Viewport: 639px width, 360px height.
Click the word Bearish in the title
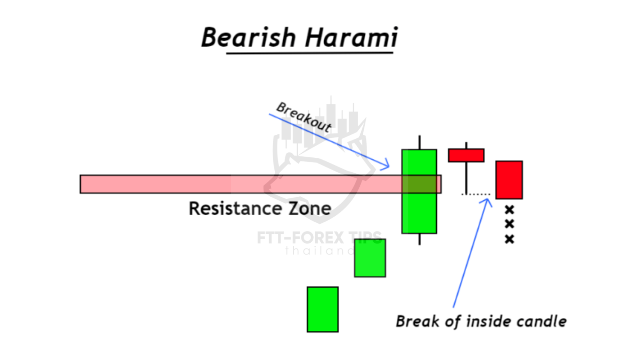(248, 37)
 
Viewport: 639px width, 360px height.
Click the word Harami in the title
(351, 37)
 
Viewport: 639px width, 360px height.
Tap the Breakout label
(304, 117)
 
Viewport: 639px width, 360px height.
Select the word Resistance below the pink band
(236, 208)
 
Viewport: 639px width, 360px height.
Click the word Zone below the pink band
(310, 208)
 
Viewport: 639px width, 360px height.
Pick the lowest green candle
(323, 309)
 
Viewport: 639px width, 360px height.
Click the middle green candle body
(370, 258)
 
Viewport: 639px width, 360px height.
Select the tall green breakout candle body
(419, 191)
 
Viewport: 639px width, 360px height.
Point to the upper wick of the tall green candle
(420, 142)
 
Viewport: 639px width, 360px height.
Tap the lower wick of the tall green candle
(420, 239)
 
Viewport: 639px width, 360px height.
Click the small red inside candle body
(466, 155)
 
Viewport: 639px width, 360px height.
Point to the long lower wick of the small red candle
(466, 178)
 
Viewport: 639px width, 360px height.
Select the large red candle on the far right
(509, 180)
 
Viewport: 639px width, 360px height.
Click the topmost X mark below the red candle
(510, 210)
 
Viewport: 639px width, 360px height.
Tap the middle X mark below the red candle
(510, 224)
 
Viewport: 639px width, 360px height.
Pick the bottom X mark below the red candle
(510, 239)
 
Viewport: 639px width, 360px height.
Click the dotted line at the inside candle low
(476, 194)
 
